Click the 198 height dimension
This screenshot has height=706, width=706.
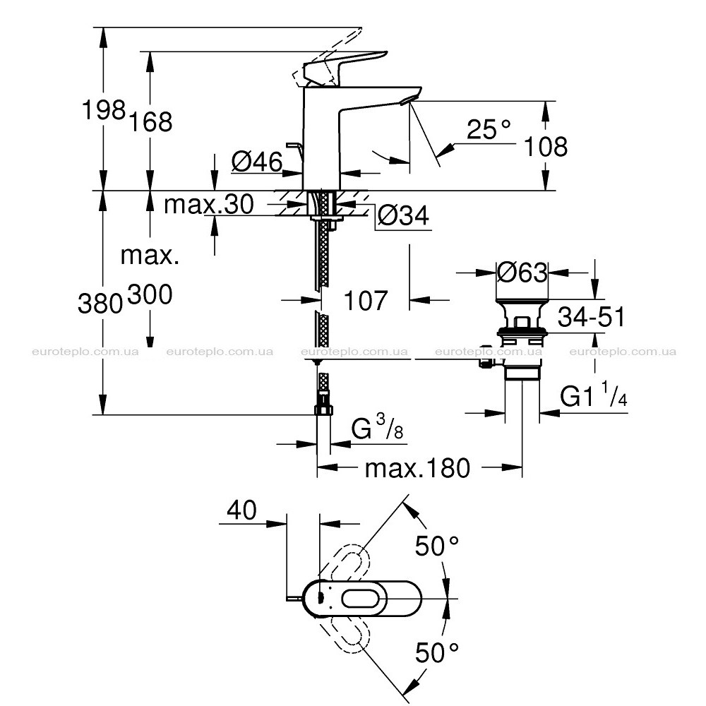[x=103, y=110]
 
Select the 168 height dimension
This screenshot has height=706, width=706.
[x=151, y=121]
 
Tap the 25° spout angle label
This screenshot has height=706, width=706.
[x=488, y=129]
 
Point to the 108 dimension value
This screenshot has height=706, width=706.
[x=546, y=147]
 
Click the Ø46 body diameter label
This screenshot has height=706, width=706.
[x=257, y=161]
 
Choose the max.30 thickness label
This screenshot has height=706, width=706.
[x=209, y=204]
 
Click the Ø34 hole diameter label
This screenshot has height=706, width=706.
[x=403, y=215]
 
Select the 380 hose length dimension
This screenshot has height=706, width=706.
[x=100, y=303]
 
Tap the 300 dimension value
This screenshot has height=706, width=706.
[x=150, y=295]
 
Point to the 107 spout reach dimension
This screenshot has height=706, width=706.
[x=365, y=301]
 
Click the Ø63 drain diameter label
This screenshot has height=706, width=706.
[x=522, y=273]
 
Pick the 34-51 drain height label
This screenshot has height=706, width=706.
[x=592, y=317]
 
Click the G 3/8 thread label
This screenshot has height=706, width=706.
[x=377, y=427]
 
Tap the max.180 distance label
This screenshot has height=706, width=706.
[x=417, y=468]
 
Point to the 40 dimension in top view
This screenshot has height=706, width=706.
[x=241, y=510]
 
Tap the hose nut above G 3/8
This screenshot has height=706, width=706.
[x=324, y=409]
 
